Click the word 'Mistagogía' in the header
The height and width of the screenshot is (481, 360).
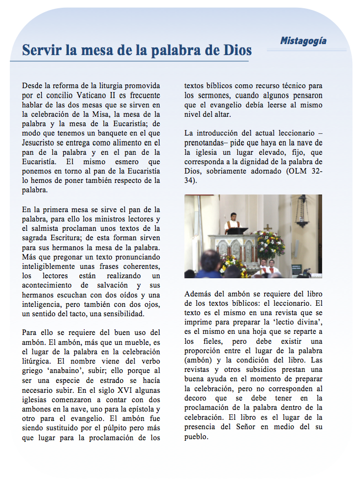[x=303, y=41]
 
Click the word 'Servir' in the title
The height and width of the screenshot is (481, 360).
[x=42, y=51]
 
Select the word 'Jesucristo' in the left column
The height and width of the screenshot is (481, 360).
[x=41, y=142]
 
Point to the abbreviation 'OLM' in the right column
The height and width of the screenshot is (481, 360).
[x=292, y=171]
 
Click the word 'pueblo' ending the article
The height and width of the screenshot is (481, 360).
[x=197, y=436]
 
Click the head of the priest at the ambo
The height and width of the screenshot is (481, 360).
[x=233, y=215]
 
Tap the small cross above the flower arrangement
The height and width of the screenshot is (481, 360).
[x=268, y=228]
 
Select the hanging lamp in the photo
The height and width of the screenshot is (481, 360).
[x=302, y=212]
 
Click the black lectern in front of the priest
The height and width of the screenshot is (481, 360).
[x=235, y=231]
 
